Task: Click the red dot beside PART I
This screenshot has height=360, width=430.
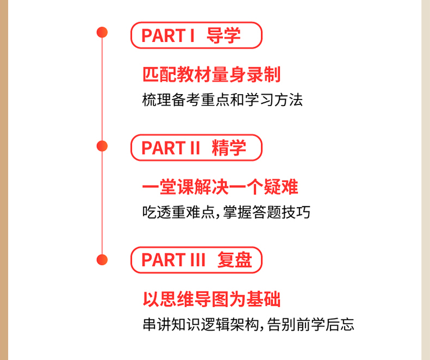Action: pyautogui.click(x=102, y=32)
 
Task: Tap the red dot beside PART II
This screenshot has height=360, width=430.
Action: pyautogui.click(x=102, y=146)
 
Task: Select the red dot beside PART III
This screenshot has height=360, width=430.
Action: pyautogui.click(x=102, y=260)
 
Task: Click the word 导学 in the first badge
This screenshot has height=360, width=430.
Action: pyautogui.click(x=224, y=35)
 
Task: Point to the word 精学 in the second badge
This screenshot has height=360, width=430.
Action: pyautogui.click(x=229, y=148)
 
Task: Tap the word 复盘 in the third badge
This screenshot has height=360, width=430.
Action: pyautogui.click(x=235, y=260)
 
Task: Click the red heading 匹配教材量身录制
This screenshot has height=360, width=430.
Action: pyautogui.click(x=211, y=75)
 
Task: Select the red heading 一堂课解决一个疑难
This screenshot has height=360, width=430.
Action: pyautogui.click(x=220, y=187)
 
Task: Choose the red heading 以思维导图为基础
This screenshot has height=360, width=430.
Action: pyautogui.click(x=211, y=299)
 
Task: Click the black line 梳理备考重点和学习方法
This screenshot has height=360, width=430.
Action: pyautogui.click(x=223, y=100)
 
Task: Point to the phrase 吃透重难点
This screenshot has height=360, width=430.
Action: pyautogui.click(x=178, y=212)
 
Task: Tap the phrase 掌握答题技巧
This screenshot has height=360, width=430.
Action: pyautogui.click(x=267, y=212)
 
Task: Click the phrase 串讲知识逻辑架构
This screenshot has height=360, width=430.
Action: pyautogui.click(x=201, y=325)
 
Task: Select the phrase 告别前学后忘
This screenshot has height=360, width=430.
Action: pyautogui.click(x=310, y=325)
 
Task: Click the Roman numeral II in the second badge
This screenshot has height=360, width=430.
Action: pyautogui.click(x=194, y=148)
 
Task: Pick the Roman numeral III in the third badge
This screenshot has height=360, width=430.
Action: pyautogui.click(x=198, y=260)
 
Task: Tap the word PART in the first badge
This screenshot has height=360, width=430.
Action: pyautogui.click(x=163, y=36)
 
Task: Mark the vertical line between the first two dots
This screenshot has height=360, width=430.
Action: pyautogui.click(x=102, y=89)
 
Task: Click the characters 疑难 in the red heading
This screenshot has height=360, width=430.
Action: pyautogui.click(x=281, y=187)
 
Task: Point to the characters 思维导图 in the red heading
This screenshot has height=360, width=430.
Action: pyautogui.click(x=194, y=299)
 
